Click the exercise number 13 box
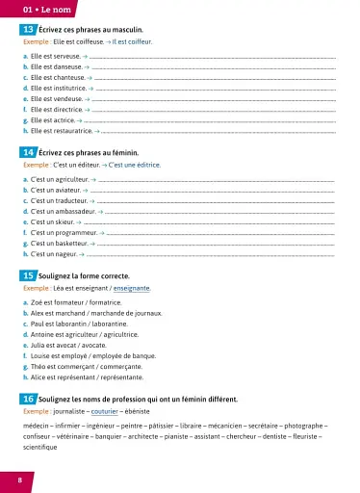click(29, 31)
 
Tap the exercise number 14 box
click(29, 152)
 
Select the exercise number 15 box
click(29, 275)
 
